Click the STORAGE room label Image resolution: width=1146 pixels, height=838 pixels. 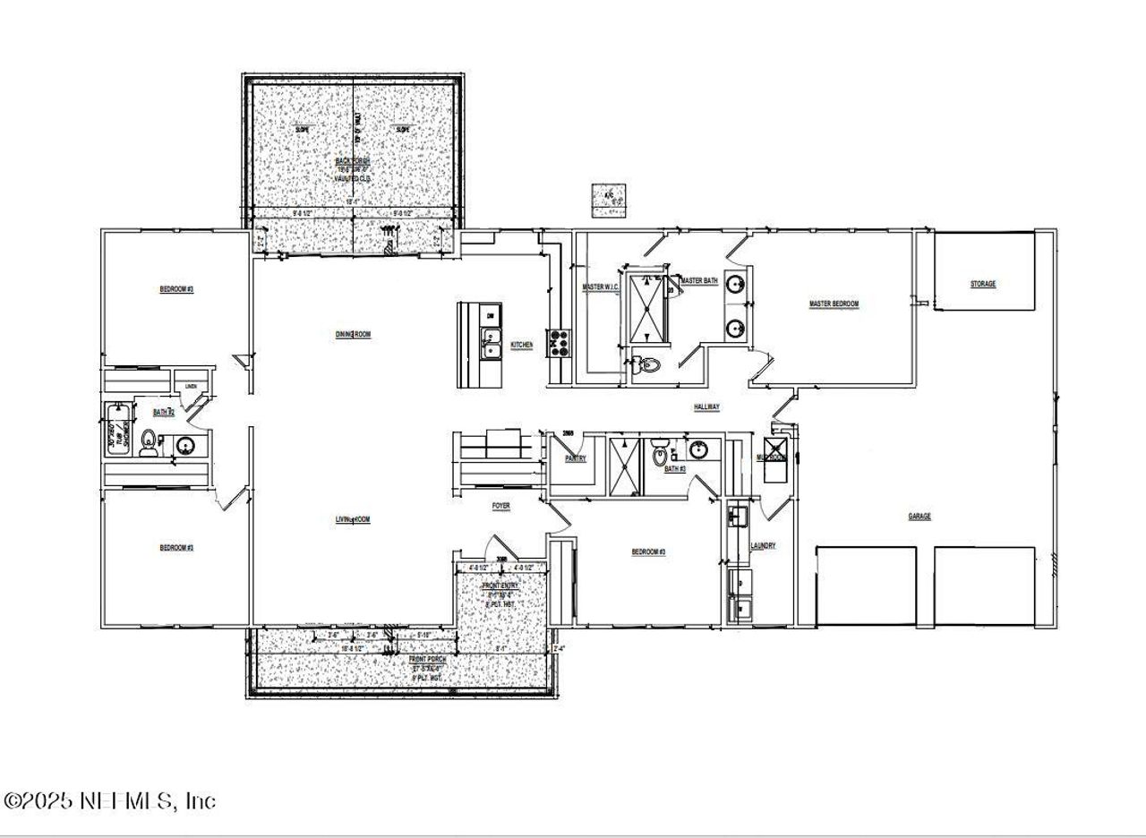coord(982,285)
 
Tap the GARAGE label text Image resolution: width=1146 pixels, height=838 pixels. coord(919,517)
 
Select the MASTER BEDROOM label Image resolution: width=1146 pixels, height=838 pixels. coord(834,304)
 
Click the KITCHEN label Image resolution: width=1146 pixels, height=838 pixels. coord(522,345)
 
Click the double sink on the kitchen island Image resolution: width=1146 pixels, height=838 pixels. coord(490,343)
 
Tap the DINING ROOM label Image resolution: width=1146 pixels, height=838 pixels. coord(353,335)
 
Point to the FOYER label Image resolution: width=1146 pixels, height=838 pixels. coord(501,507)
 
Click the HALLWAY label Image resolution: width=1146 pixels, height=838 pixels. coord(706,407)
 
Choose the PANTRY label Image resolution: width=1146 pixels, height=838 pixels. coord(575,458)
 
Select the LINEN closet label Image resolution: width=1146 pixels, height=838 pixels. coord(191,387)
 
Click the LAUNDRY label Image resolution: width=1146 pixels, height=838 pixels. coord(763,546)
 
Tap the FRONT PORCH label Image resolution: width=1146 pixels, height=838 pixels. coord(430,660)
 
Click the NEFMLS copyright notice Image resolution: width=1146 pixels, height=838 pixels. coord(110,800)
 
